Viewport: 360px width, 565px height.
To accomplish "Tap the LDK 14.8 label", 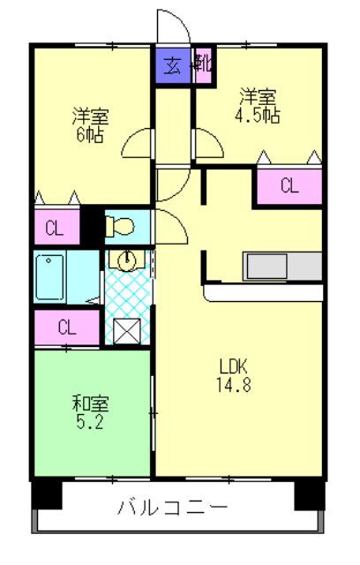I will pos(236,374).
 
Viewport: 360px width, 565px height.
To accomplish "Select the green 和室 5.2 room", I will pos(92,411).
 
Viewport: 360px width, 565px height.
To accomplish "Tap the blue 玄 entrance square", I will pos(173,65).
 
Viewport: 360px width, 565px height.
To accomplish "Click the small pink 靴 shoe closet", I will pos(202,65).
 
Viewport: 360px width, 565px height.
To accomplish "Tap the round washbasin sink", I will pos(127,260).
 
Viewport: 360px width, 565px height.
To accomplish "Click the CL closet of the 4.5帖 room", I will pos(289,185).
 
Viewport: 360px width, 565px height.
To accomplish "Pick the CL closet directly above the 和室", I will pos(67,327).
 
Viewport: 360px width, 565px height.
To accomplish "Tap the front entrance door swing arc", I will pos(169,25).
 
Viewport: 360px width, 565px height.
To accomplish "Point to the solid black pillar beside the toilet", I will pos(92,226).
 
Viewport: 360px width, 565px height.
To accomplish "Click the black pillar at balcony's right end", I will pos(310,494).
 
